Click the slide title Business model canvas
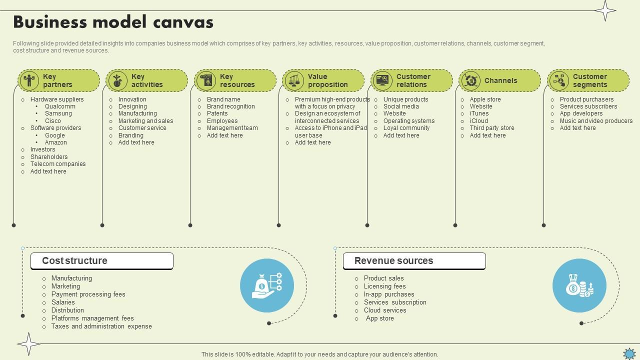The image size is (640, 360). [113, 22]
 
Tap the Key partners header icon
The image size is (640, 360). [29, 80]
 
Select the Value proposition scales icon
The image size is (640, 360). [294, 80]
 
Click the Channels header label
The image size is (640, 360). [500, 80]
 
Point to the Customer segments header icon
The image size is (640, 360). [559, 80]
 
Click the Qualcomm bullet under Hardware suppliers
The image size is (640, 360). [60, 106]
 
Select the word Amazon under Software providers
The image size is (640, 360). [56, 142]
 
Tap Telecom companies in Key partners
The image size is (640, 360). [58, 164]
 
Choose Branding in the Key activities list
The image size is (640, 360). [131, 135]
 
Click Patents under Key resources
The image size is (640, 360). [217, 113]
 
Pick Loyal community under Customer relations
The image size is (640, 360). [406, 128]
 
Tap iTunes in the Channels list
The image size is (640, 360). [479, 113]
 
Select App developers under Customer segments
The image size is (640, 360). [581, 113]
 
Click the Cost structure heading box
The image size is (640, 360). [102, 261]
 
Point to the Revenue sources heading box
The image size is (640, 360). [414, 261]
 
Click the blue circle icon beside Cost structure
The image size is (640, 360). [266, 286]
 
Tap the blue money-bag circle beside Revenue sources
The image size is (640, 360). [579, 286]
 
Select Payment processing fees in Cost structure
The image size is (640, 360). [88, 294]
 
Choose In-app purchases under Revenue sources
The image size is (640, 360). [389, 294]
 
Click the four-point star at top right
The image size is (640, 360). [605, 10]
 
